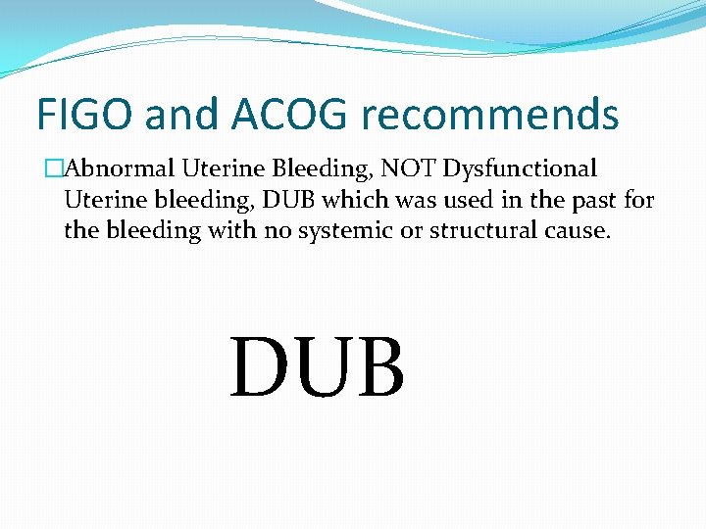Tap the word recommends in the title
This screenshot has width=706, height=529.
tap(490, 115)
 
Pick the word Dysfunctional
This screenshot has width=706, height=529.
tap(520, 169)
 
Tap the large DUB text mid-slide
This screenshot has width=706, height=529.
tap(317, 367)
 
